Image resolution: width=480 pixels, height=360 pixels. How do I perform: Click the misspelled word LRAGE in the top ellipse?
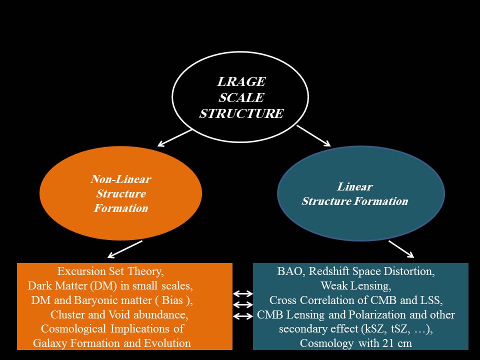[241, 81]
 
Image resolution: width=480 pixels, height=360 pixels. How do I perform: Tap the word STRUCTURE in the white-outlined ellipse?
[241, 113]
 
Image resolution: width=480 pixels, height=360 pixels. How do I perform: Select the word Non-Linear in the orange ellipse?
[120, 179]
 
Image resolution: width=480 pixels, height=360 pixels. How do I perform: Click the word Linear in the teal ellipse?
[355, 186]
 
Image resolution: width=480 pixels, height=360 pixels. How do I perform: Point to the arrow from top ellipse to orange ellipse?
[174, 138]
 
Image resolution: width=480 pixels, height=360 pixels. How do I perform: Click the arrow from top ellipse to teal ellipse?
[313, 135]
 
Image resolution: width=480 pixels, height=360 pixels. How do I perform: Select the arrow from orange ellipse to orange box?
[125, 249]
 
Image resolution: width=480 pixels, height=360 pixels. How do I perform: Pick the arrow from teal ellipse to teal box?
[401, 249]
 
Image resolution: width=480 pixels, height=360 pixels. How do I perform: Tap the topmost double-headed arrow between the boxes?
[243, 294]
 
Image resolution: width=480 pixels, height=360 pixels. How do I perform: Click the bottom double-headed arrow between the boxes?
[243, 316]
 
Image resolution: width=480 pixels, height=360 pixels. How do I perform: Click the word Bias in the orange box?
[172, 300]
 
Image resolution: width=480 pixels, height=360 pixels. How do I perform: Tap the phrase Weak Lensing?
[355, 286]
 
